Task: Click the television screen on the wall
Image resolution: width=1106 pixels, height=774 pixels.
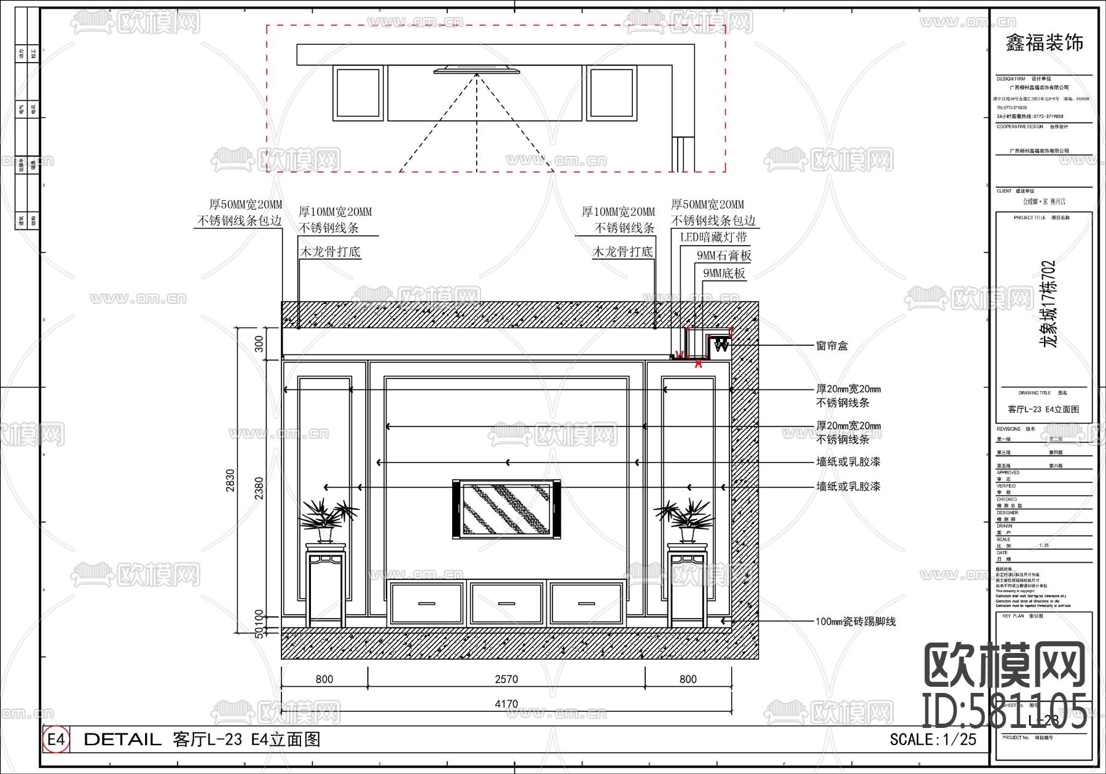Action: coord(506,509)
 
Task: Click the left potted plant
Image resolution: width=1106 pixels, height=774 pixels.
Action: coord(327,519)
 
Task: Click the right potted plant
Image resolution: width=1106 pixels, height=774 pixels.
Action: coord(686,519)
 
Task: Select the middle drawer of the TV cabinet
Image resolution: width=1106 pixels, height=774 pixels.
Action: coord(506,603)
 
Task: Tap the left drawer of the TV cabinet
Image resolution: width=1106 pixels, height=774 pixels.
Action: coord(426,603)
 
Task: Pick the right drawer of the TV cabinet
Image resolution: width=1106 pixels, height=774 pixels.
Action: coord(586,603)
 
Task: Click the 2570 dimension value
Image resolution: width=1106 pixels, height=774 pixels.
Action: coord(506,679)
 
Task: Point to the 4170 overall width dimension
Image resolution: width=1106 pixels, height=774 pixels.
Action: coord(506,704)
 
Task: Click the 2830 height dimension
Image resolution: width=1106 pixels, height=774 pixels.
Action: coord(230,480)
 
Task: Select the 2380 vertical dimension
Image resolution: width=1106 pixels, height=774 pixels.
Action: coord(259,488)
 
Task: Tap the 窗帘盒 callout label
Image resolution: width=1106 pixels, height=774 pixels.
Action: coord(831,346)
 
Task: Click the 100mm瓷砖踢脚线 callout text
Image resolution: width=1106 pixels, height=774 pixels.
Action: coord(855,622)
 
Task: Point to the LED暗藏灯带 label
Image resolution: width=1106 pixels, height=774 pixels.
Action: coord(713,237)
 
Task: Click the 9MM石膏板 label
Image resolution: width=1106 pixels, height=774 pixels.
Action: coord(723,256)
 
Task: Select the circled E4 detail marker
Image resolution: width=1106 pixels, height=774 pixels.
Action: coord(56,739)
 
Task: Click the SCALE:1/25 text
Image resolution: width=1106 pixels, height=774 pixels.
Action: coord(932,739)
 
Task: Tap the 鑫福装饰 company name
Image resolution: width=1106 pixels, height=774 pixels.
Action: coord(1044,43)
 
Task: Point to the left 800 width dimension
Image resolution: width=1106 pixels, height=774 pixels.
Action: coord(324,679)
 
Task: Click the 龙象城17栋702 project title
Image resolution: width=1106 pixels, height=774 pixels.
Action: coord(1048,303)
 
